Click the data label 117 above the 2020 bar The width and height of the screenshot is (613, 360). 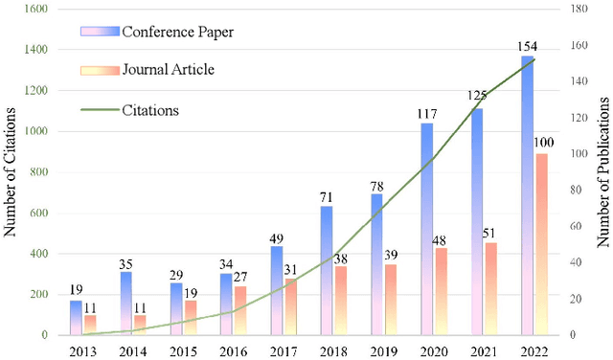tap(427, 115)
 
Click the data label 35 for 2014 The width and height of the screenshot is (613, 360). tap(125, 263)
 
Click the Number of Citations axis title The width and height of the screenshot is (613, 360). tap(11, 172)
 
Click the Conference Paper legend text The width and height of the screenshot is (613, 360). tap(178, 33)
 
